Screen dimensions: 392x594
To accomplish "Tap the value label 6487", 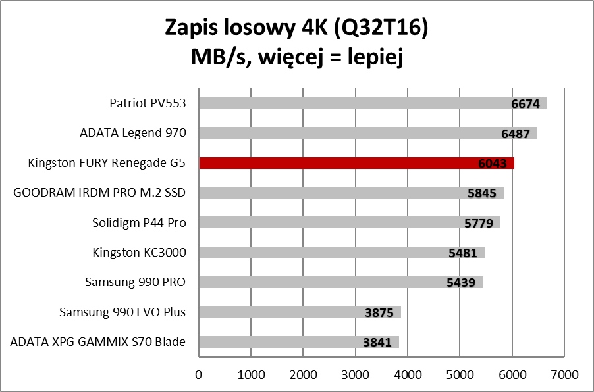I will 516,134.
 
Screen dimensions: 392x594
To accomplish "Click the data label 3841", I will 377,343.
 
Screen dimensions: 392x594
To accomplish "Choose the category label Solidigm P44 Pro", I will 140,222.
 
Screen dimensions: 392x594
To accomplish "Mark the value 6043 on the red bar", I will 493,164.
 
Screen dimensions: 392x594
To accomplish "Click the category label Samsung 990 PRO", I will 136,282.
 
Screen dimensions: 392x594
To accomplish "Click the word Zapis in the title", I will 193,28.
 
